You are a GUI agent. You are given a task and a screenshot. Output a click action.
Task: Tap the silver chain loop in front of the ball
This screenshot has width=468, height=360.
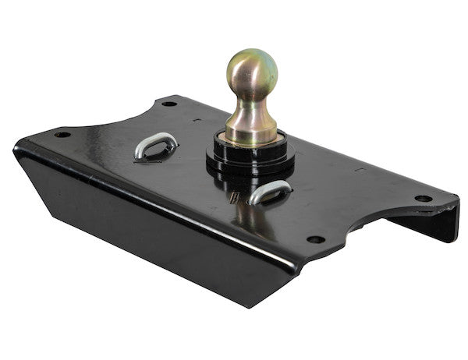coord(269,192)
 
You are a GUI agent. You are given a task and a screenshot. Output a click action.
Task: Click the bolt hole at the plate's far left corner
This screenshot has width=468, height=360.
coord(62,134)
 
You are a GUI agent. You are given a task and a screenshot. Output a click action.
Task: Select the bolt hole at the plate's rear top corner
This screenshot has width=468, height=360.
coord(168,103)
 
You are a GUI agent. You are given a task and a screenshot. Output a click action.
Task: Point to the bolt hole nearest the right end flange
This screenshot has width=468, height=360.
coord(423,198)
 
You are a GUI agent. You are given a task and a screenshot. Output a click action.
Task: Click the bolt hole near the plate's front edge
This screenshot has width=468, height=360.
coord(316,239)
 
